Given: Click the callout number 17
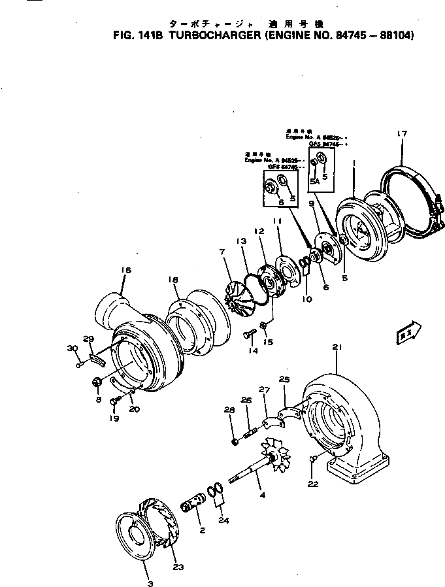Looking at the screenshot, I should tap(402, 134).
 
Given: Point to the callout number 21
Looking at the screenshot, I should tap(337, 346).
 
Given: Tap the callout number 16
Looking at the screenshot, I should tap(126, 269).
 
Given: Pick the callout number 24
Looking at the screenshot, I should tap(224, 521).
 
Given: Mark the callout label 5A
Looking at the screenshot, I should tap(315, 180).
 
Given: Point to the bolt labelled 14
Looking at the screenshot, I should tap(248, 335).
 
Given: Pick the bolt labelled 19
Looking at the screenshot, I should tap(116, 400).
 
